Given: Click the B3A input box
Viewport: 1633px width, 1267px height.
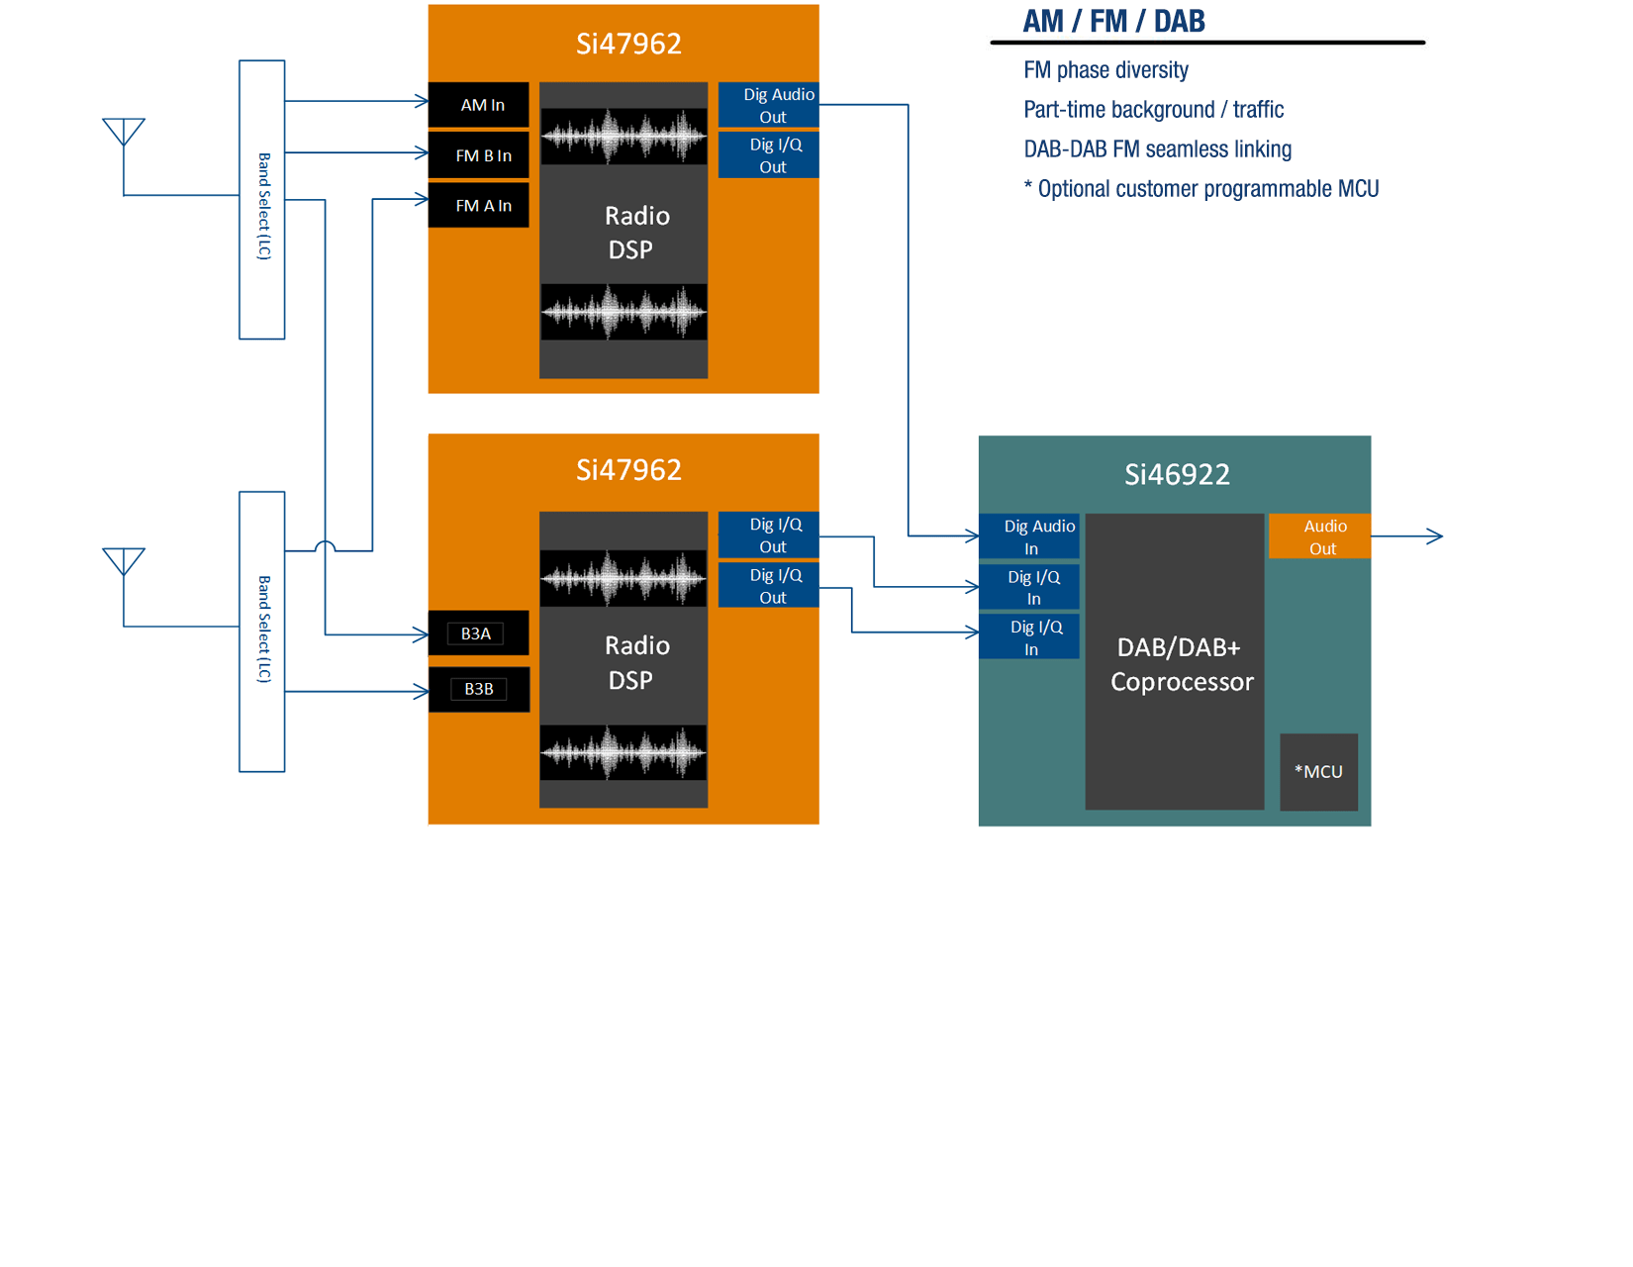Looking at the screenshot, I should (477, 633).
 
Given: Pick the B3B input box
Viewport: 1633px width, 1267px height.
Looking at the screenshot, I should (479, 689).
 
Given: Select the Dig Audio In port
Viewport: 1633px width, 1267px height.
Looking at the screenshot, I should (1029, 536).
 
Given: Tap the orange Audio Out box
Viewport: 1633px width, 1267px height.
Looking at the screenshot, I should (1320, 536).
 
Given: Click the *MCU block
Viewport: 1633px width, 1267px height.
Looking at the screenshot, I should (1318, 772).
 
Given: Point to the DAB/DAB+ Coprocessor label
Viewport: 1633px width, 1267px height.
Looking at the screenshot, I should (1181, 664).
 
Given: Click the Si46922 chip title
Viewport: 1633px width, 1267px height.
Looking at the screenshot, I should (1177, 475).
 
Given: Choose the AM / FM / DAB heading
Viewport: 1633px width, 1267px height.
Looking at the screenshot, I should (1113, 21).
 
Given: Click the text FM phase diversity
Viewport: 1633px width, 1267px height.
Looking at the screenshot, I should (1105, 70).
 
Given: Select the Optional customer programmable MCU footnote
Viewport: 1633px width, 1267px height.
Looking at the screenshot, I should (1201, 189).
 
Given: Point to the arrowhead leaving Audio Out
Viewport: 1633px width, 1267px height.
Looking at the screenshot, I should (1435, 536).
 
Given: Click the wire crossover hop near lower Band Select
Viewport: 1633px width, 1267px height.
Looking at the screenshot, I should (325, 546).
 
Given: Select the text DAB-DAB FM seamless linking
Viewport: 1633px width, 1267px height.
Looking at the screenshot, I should (1157, 149).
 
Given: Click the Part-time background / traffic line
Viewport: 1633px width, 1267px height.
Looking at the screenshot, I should (1153, 110).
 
